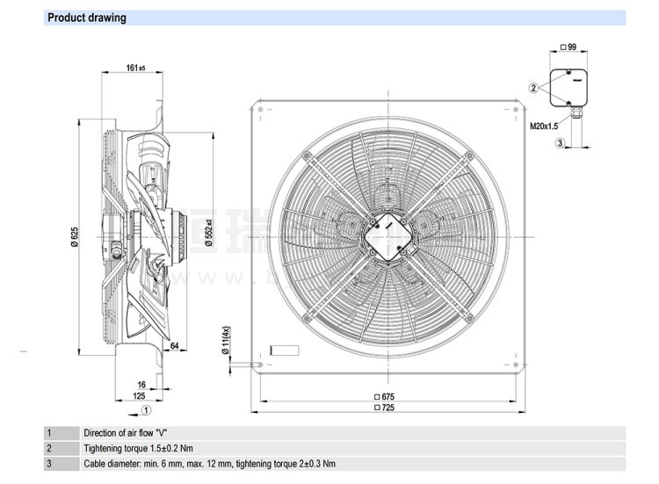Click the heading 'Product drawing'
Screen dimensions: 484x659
pos(86,18)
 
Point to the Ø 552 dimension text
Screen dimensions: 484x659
pos(210,231)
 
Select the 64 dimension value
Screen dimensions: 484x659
pos(176,346)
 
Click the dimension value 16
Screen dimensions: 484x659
pos(140,385)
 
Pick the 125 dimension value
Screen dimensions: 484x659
pos(138,396)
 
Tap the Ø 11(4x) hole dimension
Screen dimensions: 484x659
pos(226,342)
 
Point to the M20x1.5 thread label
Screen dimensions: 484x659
pos(544,126)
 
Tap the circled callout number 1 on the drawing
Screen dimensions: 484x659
pos(147,409)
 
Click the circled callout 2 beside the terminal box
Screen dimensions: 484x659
pos(533,87)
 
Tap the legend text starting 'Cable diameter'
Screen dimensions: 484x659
pos(209,464)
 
